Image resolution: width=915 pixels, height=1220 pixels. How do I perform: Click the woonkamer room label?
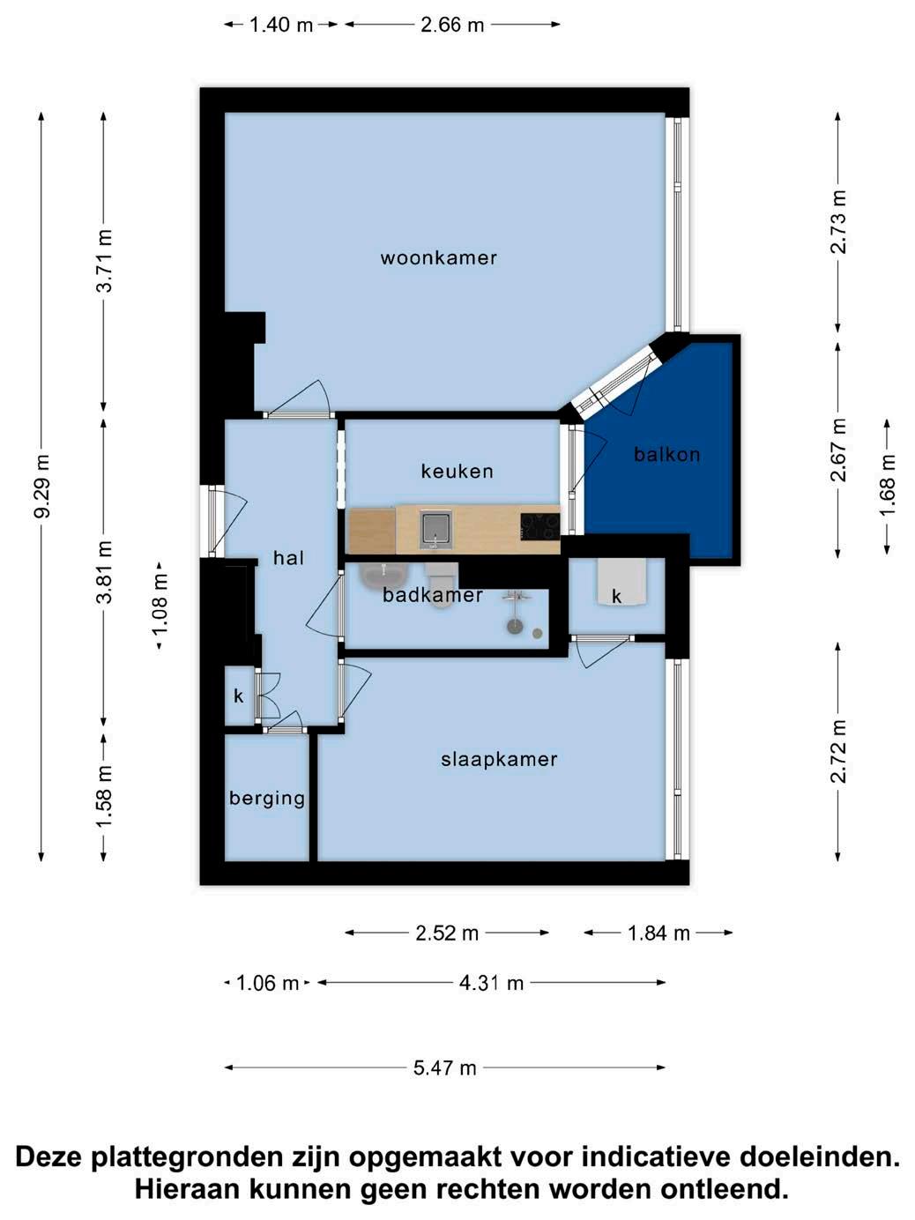438,258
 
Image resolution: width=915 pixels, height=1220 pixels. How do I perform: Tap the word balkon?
666,454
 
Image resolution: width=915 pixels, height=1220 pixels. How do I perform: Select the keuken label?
457,472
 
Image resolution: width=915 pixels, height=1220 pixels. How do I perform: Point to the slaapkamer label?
499,759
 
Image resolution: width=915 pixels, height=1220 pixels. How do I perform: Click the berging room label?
267,799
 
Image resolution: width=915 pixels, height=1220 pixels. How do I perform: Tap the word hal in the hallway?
288,558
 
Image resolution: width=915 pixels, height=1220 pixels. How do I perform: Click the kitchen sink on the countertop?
436,529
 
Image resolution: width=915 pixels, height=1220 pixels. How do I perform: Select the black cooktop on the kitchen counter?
540,526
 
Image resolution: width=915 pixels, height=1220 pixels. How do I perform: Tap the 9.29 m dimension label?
42,486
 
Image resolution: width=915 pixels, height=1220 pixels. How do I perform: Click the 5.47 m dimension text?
444,1067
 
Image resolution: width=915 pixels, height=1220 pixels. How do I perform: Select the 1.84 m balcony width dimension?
658,934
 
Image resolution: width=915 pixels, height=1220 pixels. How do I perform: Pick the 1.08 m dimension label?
160,606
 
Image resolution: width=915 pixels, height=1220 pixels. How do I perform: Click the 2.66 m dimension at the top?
452,25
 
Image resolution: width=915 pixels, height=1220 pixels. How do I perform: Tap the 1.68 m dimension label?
887,487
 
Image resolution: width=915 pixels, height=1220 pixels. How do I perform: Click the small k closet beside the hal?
239,696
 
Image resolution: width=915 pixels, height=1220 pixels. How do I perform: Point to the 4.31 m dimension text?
491,983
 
